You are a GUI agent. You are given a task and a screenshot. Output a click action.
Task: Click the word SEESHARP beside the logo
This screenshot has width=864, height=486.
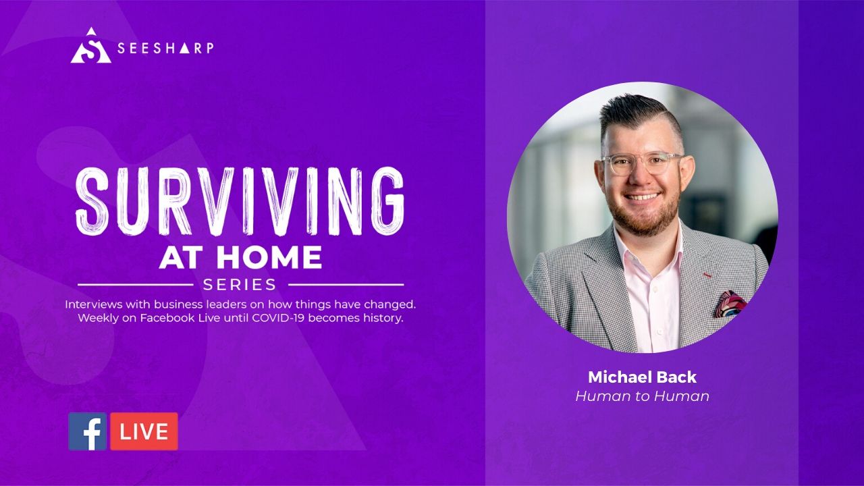[x=165, y=48]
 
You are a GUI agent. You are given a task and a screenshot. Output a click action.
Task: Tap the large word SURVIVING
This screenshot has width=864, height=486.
[x=240, y=201]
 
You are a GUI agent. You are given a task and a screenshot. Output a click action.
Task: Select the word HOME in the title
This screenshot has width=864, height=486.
[x=269, y=257]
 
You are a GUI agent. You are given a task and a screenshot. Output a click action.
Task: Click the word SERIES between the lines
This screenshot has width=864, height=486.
[x=240, y=285]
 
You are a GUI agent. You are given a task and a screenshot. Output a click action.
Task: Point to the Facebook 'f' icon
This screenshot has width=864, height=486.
[x=88, y=431]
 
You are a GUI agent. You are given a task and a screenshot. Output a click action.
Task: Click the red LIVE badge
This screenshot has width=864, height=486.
[x=144, y=431]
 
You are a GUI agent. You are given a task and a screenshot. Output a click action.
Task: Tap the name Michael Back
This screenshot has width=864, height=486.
[x=642, y=377]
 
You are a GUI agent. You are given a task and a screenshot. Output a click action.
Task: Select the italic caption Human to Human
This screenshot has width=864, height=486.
[x=642, y=396]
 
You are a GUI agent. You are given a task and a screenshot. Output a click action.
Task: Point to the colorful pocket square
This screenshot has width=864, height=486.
[x=730, y=304]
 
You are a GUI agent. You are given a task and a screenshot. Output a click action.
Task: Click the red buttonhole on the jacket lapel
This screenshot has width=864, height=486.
[x=707, y=275]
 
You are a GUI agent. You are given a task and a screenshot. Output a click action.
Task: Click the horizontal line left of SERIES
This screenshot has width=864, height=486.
[x=136, y=285]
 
